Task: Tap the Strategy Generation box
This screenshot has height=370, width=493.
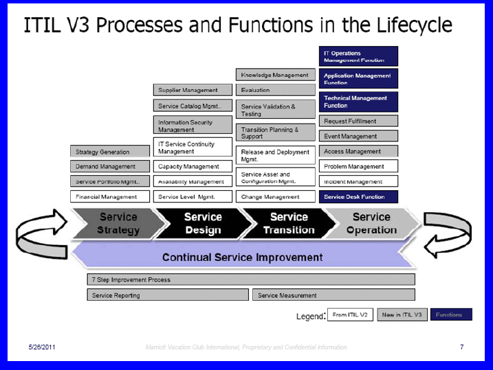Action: [x=109, y=152]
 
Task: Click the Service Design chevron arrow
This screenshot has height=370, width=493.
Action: [x=202, y=223]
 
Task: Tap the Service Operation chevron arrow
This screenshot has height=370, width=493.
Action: [x=371, y=223]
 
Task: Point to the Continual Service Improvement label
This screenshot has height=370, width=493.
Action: [x=242, y=257]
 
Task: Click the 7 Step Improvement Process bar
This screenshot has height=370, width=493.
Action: [x=251, y=280]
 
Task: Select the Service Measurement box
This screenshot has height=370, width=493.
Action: [x=333, y=295]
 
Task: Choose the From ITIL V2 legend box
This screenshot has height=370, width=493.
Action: [x=349, y=315]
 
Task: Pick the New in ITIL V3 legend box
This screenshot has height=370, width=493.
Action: [x=402, y=315]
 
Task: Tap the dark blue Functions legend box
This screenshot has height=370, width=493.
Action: [x=451, y=315]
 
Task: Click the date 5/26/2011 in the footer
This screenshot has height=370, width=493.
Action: [x=42, y=347]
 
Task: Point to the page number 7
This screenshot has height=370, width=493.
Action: [x=462, y=347]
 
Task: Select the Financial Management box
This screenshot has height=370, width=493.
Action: [x=109, y=197]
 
